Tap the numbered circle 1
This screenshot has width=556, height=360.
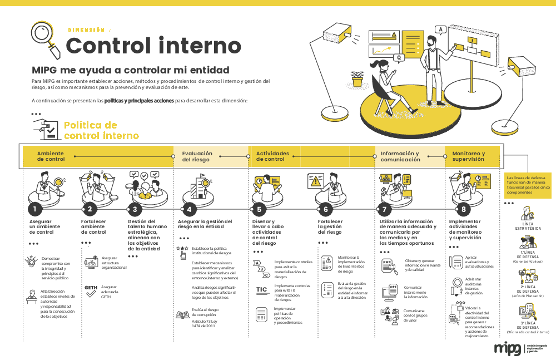pos(34,209)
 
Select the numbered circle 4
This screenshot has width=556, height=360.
pos(190,209)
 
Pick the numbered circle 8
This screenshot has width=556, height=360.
pos(464,209)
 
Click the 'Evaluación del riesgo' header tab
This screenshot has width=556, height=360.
pos(197,156)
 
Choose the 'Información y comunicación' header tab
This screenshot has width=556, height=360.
pos(400,156)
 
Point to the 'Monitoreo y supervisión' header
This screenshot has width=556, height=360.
pos(468,156)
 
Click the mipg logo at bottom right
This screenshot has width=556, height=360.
pos(508,349)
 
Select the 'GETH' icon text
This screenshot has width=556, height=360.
pos(91,288)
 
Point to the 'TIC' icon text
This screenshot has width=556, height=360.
pos(262,289)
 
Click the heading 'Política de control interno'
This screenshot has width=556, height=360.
pos(101,130)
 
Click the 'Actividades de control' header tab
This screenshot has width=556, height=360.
pos(272,156)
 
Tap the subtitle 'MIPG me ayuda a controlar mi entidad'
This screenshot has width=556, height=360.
pos(131,70)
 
